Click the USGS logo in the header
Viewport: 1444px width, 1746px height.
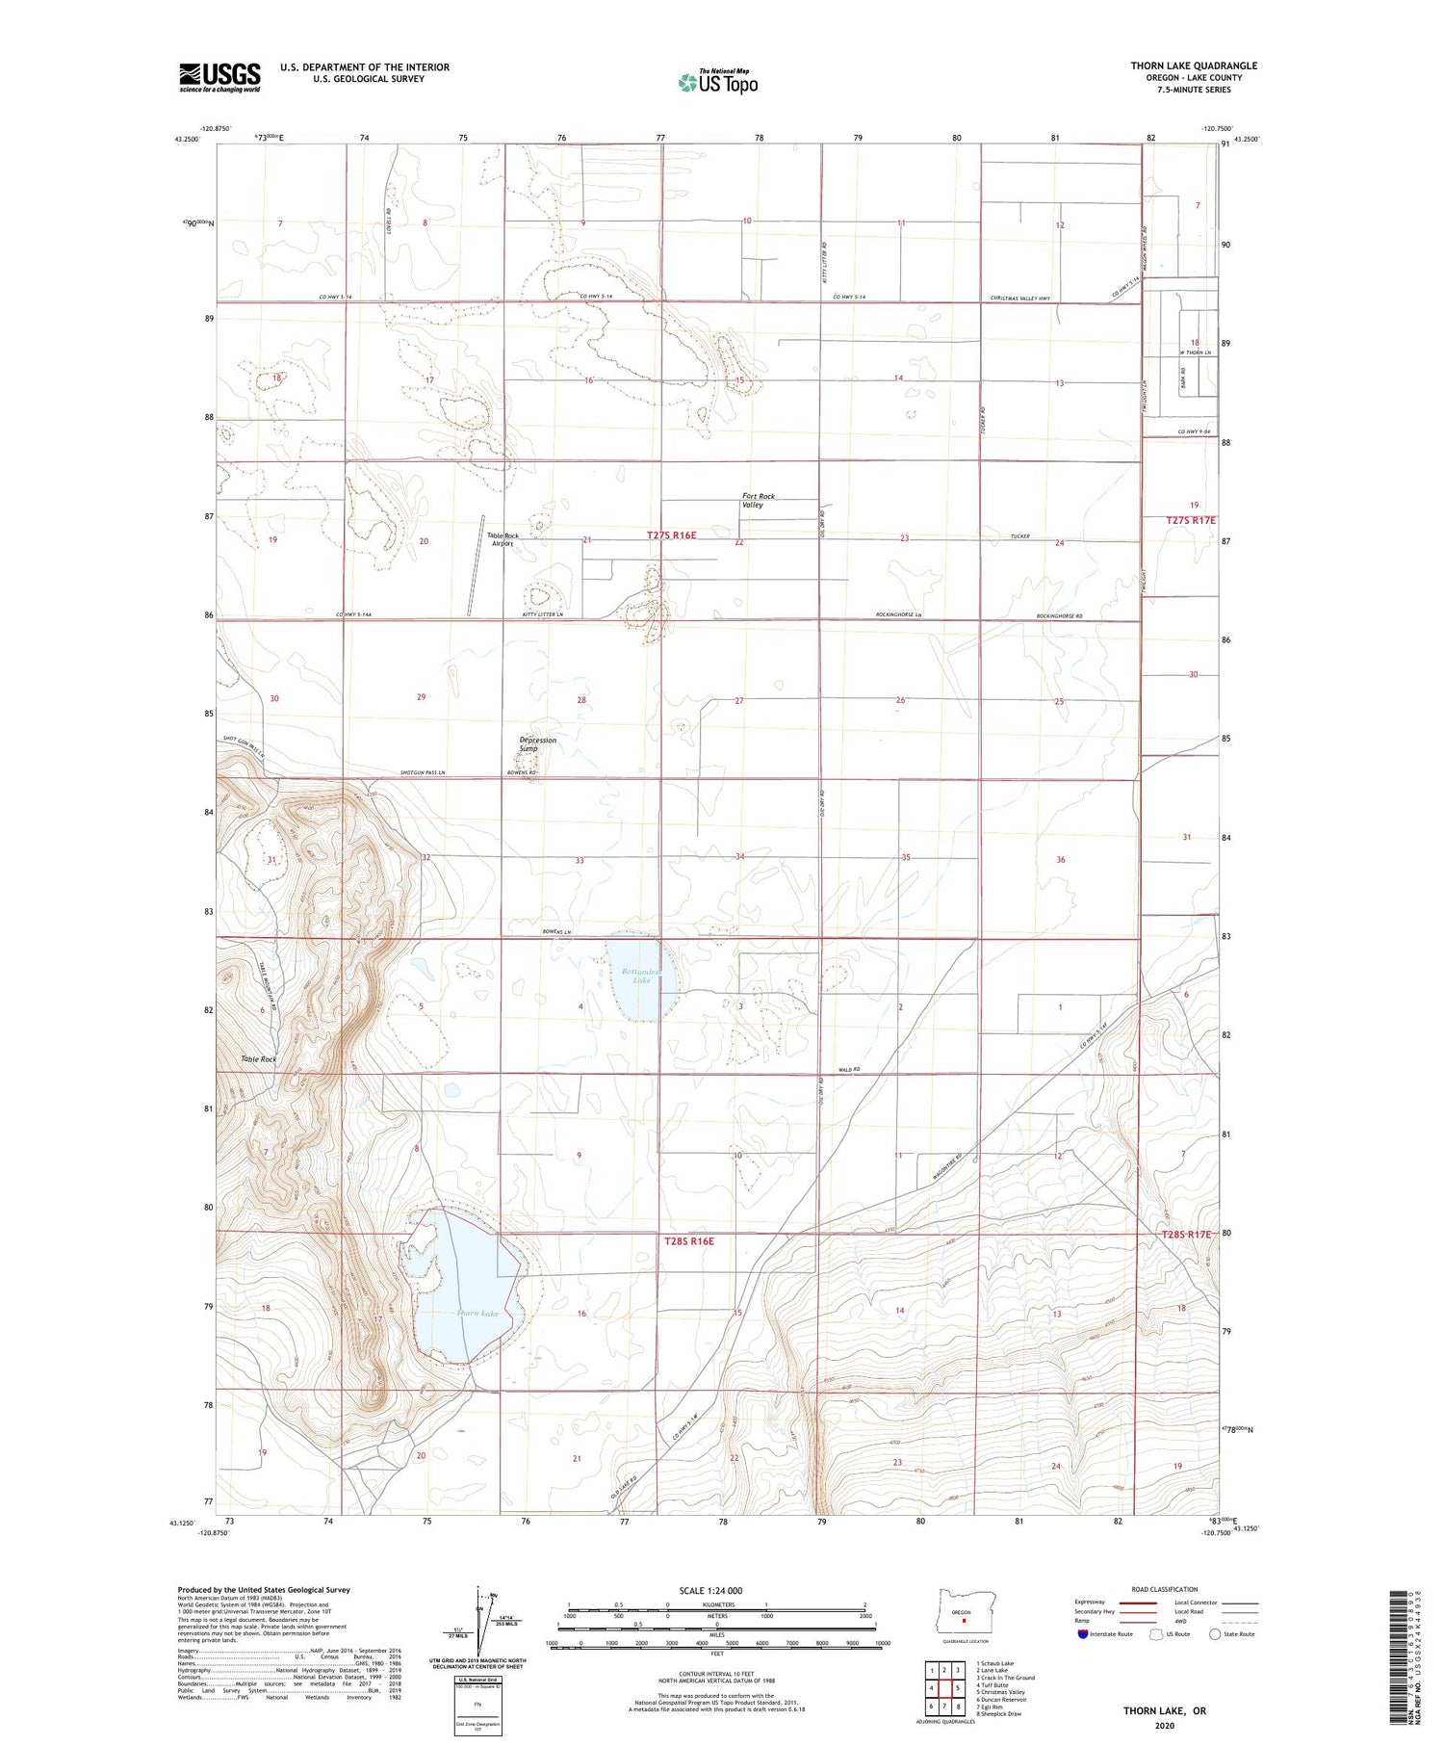click(219, 77)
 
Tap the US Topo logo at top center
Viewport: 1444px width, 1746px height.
click(717, 83)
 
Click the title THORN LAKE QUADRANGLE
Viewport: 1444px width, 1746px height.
click(1194, 65)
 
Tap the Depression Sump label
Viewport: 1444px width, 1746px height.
click(537, 743)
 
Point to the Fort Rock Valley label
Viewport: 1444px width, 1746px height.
click(758, 500)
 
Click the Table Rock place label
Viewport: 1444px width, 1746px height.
click(259, 1058)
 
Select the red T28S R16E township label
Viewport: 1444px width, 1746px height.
click(689, 1240)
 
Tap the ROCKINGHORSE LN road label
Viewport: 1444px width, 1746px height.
click(899, 614)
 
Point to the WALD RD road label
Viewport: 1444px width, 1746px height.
click(848, 1069)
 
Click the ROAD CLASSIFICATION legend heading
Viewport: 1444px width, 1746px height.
click(1165, 1589)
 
